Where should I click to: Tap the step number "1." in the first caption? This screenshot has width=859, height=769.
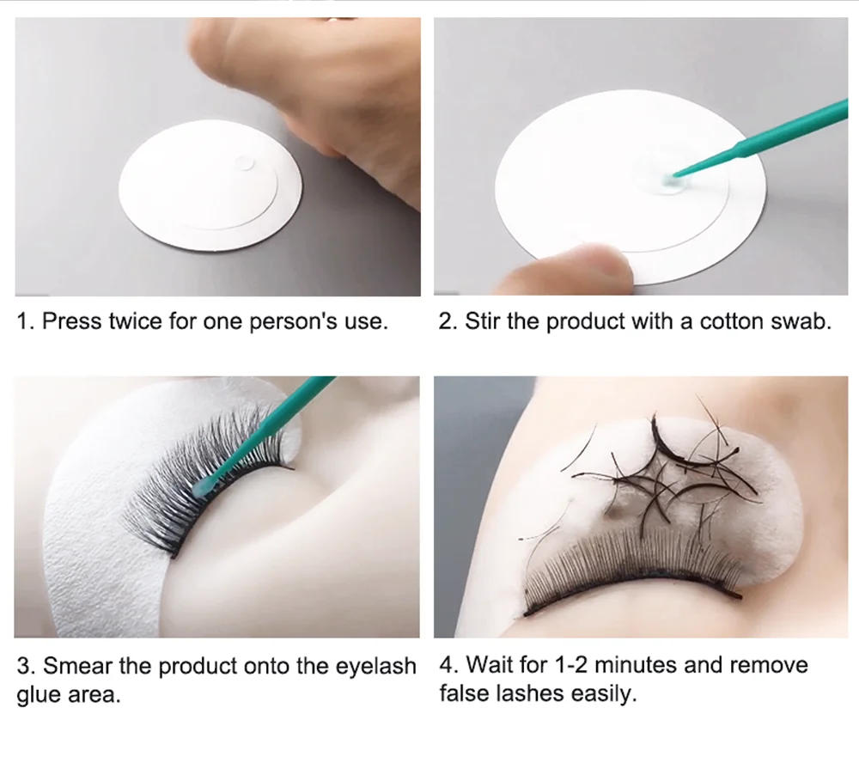tap(27, 322)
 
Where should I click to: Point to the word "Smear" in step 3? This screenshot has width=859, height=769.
tap(73, 666)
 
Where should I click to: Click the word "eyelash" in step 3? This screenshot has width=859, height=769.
tap(375, 666)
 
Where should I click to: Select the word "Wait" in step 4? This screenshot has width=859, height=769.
tap(485, 664)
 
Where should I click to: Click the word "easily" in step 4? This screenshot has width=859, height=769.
tap(600, 693)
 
